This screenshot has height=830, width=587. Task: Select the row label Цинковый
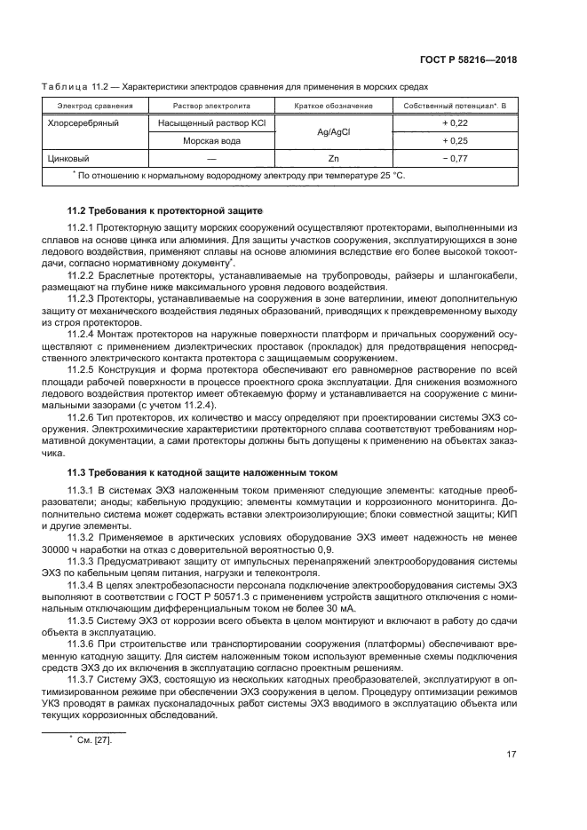click(68, 158)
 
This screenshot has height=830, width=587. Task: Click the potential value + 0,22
click(456, 123)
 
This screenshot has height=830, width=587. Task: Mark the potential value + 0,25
click(456, 141)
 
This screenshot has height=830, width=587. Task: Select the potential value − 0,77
click(456, 158)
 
